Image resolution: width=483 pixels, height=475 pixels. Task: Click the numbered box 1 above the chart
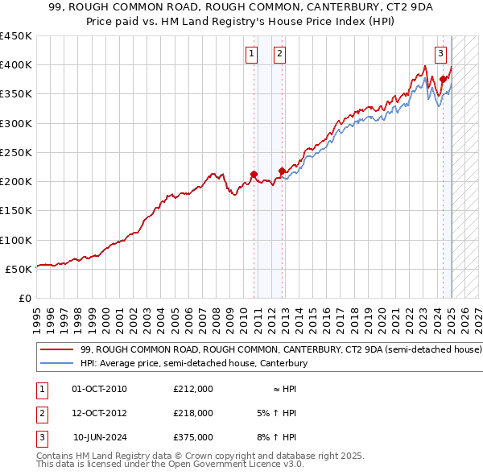[x=252, y=54]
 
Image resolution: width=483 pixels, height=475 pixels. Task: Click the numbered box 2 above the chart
[x=279, y=54]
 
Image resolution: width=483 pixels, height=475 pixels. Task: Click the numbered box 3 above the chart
[x=441, y=54]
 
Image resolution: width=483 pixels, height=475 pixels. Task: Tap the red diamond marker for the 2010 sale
[x=254, y=174]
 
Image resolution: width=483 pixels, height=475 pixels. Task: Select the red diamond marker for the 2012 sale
[x=282, y=171]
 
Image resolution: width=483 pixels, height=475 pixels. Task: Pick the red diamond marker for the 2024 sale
[x=443, y=79]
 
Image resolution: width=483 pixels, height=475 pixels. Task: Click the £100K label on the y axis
[x=16, y=240]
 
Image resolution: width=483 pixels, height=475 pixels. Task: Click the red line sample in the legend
[x=57, y=350]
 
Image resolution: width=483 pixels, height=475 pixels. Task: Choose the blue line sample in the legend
[x=57, y=364]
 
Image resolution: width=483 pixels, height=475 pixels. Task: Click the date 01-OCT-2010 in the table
[x=100, y=389]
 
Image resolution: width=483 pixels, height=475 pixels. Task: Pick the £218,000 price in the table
[x=193, y=413]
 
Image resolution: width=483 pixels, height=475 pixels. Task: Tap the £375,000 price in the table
[x=193, y=437]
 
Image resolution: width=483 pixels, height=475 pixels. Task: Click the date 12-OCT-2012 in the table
[x=100, y=413]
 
